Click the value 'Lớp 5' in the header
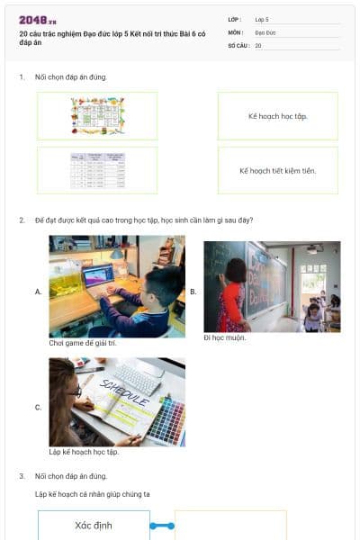pos(262,18)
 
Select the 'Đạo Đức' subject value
pos(265,31)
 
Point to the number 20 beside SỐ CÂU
pos(258,45)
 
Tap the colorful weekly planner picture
pos(97,116)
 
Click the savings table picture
pos(97,170)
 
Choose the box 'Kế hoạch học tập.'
pos(277,116)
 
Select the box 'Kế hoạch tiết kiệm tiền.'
pos(277,170)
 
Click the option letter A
pos(38,292)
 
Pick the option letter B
pos(193,292)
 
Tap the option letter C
pos(38,408)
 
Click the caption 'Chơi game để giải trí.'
pos(83,343)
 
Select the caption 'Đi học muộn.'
pos(225,337)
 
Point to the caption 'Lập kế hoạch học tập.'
pos(84,452)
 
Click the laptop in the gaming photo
pos(99,275)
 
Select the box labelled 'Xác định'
pos(94,526)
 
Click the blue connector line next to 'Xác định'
pos(162,526)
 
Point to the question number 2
pos(22,220)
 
